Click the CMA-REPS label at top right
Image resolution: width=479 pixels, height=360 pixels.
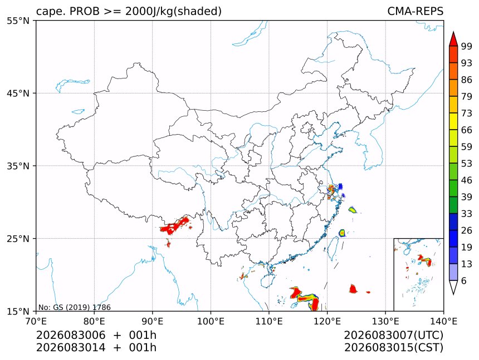coord(415,11)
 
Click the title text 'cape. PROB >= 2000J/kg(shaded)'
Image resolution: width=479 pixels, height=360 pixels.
coord(129,11)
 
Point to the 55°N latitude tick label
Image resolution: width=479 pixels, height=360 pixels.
coord(18,21)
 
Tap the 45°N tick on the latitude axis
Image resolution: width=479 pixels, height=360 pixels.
coord(18,93)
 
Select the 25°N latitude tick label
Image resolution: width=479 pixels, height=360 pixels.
coord(18,238)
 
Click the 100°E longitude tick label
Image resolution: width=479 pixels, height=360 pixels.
coord(211,321)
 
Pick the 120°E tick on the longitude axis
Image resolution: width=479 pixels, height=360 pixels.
coord(327,321)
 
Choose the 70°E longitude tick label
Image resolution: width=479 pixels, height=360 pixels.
coord(36,321)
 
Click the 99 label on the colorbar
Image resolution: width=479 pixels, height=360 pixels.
coord(467,46)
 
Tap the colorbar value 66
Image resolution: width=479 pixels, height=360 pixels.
coord(467,130)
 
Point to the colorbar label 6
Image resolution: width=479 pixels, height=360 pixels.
coord(464,280)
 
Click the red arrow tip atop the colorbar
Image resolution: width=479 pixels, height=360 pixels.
coord(453,32)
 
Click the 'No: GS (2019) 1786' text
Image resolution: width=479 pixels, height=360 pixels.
coord(75,307)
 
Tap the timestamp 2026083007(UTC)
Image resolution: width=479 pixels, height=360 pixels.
coord(393,336)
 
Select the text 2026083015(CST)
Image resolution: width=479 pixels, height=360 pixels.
coord(393,348)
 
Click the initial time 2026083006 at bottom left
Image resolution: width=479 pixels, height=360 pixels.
coord(71,336)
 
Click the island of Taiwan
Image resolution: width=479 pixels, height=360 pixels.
coord(332,248)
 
